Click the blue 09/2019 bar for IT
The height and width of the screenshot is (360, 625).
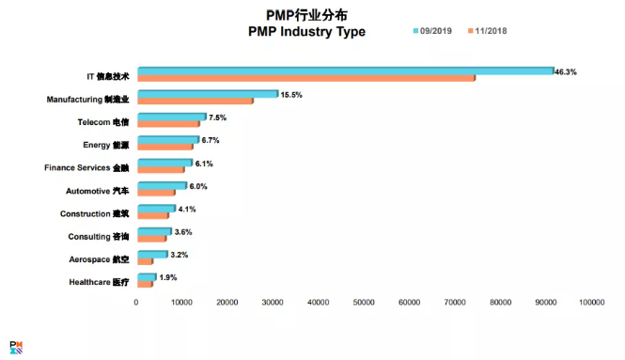pyautogui.click(x=346, y=70)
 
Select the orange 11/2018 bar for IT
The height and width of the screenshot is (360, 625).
pyautogui.click(x=306, y=78)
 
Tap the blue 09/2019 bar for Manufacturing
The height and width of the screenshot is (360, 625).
pyautogui.click(x=208, y=93)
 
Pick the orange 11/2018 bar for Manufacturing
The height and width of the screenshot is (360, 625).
pyautogui.click(x=195, y=101)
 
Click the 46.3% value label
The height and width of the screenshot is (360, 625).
pyautogui.click(x=566, y=72)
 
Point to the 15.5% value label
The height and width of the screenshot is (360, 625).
pyautogui.click(x=291, y=95)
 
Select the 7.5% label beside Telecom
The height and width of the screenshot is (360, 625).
pyautogui.click(x=217, y=117)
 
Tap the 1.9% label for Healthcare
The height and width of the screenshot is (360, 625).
pyautogui.click(x=168, y=277)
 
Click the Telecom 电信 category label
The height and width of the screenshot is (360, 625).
pyautogui.click(x=102, y=121)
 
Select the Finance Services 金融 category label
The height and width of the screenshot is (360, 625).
pyautogui.click(x=86, y=167)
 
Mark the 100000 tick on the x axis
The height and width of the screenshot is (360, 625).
pyautogui.click(x=591, y=303)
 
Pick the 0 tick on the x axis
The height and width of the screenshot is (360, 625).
pyautogui.click(x=137, y=303)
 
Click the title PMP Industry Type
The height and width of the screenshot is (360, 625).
pyautogui.click(x=305, y=32)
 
